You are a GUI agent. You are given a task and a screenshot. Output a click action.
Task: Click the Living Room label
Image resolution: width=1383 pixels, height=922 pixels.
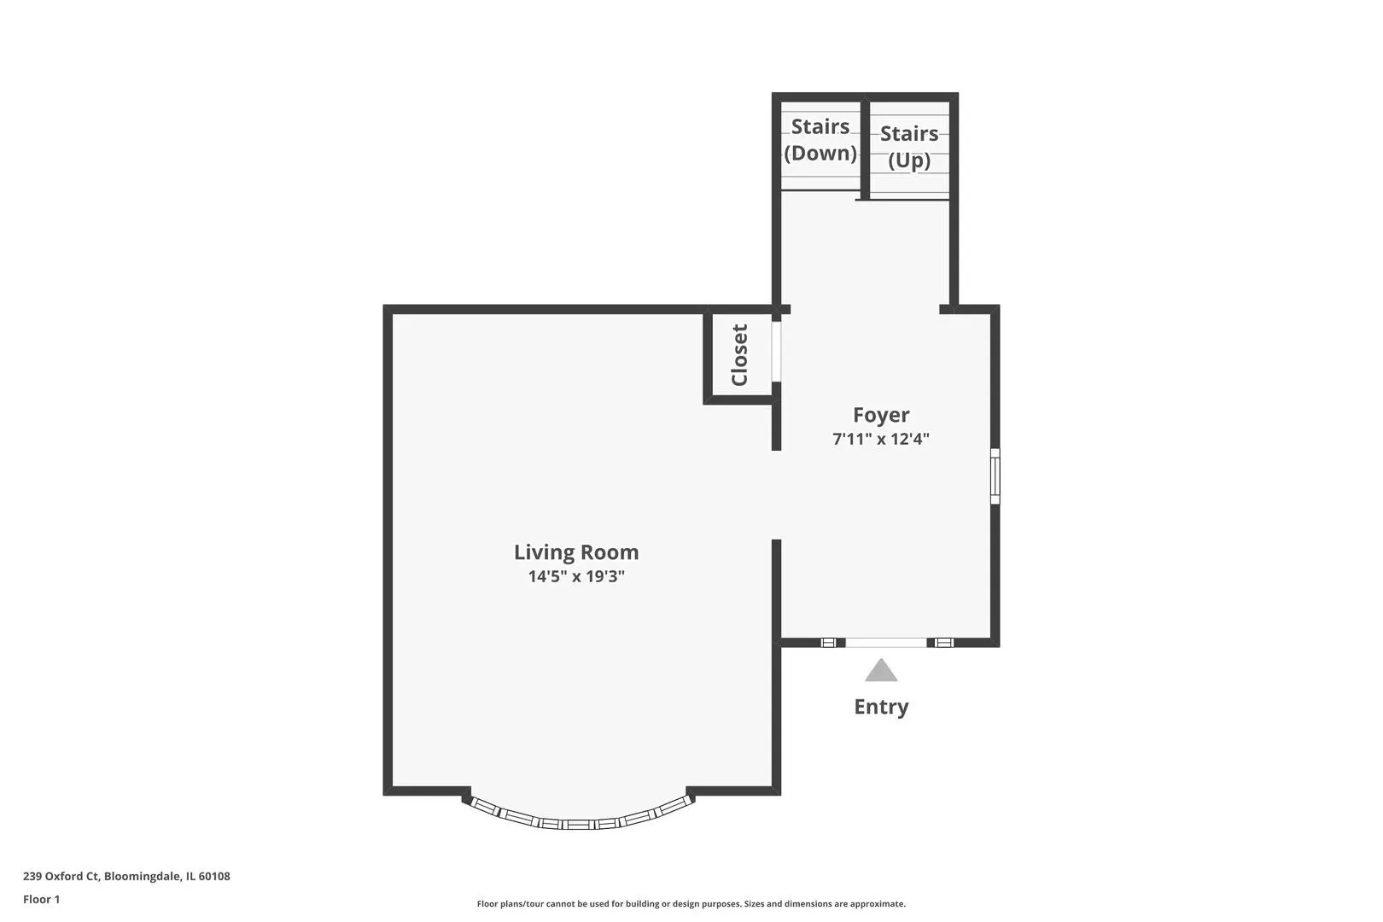576,552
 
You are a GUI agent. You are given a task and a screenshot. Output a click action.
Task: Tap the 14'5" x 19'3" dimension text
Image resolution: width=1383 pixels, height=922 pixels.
576,576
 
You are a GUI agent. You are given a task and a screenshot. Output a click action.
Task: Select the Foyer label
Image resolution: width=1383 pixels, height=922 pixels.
881,415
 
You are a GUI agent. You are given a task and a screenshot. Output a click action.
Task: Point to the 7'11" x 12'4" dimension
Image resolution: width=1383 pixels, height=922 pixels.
881,439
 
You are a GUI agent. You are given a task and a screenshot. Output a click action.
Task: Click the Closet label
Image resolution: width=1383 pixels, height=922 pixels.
739,355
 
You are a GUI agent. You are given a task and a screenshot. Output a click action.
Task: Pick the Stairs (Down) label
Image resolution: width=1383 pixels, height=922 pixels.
820,139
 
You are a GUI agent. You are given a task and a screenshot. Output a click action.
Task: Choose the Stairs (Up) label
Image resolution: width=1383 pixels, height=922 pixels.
909,147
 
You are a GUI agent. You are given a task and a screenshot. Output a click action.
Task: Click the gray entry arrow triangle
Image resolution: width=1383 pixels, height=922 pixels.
881,671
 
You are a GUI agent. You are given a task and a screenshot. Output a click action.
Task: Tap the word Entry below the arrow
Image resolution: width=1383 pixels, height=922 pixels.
881,707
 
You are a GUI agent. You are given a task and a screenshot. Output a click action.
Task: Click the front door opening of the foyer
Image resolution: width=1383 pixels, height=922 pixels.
886,643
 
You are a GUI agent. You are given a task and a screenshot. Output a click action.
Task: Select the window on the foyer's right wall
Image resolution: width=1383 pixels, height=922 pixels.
995,476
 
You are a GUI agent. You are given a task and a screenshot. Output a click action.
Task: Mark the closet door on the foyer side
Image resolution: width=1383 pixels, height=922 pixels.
776,351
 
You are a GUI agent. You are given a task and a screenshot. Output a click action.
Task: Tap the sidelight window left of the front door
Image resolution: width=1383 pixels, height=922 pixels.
829,643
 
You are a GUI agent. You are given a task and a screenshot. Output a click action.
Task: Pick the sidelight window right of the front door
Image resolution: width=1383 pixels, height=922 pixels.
944,643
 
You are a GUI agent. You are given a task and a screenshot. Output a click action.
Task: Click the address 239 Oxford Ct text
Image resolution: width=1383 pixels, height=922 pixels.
61,876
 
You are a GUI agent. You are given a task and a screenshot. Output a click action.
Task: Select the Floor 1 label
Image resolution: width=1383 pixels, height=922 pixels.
41,899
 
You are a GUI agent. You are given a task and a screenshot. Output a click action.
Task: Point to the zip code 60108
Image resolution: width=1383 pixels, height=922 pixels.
214,876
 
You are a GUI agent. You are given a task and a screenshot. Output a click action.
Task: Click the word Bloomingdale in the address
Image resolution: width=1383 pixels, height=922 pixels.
142,876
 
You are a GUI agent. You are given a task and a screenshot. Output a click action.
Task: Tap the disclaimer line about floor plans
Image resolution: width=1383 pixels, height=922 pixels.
691,903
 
